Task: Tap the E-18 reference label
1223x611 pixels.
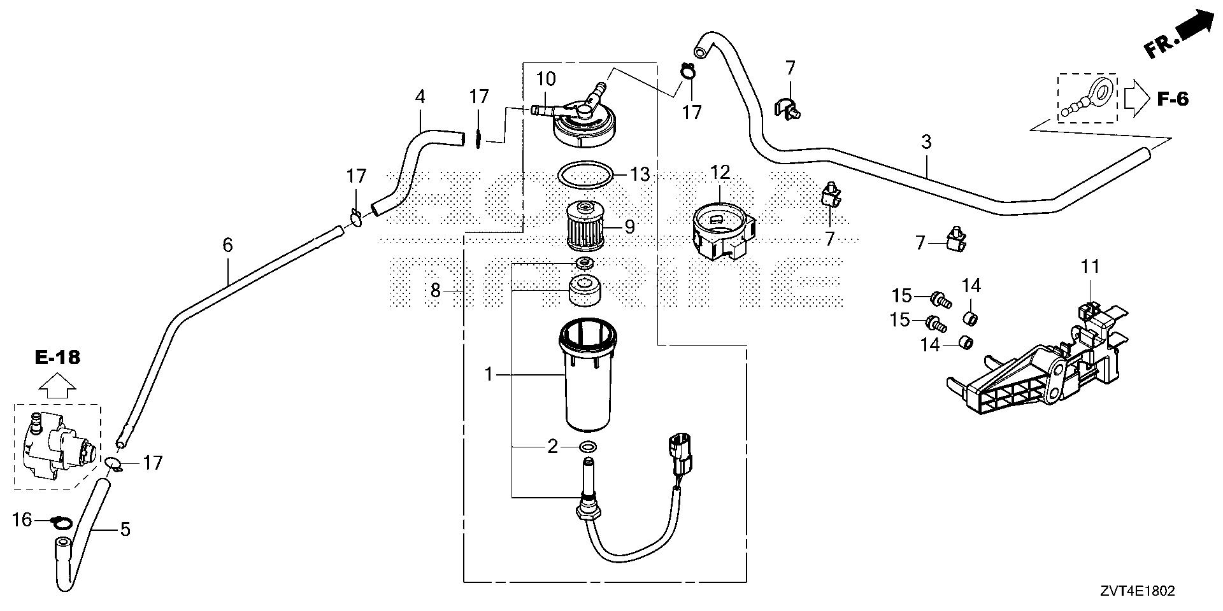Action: click(57, 357)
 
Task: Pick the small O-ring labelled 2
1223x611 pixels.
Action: click(589, 446)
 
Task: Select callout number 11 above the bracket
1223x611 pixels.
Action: click(1091, 267)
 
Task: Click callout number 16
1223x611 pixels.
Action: click(22, 520)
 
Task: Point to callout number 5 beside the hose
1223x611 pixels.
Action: click(125, 529)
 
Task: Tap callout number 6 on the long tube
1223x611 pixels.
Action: click(227, 245)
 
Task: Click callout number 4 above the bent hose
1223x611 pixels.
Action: click(419, 97)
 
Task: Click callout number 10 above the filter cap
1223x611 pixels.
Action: click(546, 80)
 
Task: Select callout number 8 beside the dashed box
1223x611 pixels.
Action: click(435, 291)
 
